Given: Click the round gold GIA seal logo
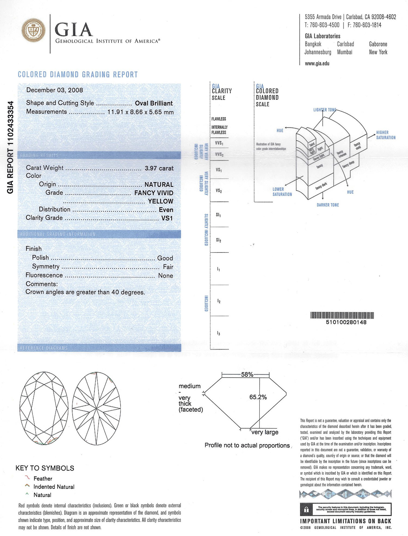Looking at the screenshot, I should [x=33, y=30].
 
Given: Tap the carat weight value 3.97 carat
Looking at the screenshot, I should [x=159, y=168].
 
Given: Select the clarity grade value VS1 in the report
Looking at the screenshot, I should [x=167, y=218].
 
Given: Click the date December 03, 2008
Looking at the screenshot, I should [x=55, y=90].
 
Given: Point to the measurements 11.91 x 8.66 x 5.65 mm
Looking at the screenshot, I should [x=140, y=112].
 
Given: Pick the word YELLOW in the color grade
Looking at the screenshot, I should [x=160, y=201].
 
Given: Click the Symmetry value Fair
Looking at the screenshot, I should [x=168, y=267].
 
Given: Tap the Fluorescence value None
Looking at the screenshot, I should [x=165, y=276].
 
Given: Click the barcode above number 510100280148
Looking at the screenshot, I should [x=342, y=315].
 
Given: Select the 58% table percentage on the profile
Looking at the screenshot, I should [x=247, y=374].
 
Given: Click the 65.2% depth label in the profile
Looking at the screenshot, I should [x=258, y=397].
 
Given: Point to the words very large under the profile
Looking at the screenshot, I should [x=265, y=432].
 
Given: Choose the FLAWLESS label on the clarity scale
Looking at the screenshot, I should [x=219, y=119].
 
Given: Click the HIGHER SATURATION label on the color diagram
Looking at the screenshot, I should [x=386, y=135].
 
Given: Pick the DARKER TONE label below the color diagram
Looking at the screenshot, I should [x=328, y=205].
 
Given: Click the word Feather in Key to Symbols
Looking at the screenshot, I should [x=43, y=479].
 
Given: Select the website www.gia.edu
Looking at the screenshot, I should [x=317, y=63].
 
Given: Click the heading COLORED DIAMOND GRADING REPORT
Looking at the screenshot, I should [x=78, y=75].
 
